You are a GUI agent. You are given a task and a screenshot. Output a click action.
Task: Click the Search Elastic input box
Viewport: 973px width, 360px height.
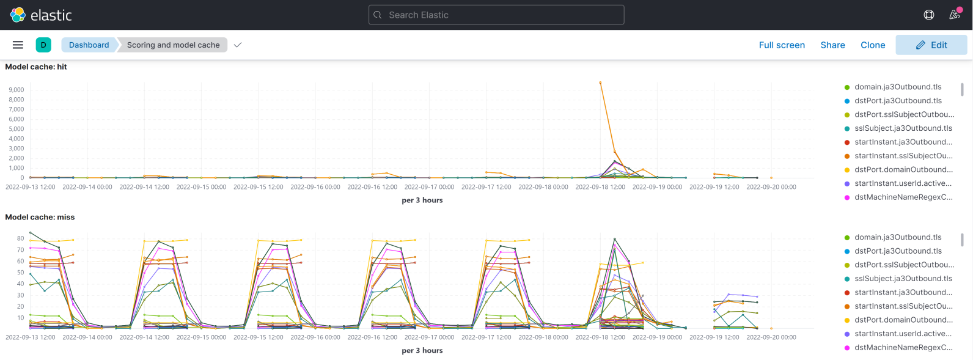[496, 15]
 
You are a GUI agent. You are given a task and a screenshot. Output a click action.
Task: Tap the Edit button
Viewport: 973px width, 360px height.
[931, 45]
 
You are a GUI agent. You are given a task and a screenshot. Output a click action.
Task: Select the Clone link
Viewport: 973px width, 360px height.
[872, 45]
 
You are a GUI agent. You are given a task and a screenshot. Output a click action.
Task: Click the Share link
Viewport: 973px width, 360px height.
[832, 45]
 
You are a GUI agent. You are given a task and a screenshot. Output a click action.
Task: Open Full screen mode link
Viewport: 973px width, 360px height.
[782, 45]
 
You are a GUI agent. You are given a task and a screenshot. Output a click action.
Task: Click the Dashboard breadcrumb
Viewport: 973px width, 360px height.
[89, 45]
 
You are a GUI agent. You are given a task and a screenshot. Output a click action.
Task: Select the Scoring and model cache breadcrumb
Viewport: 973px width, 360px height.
[173, 45]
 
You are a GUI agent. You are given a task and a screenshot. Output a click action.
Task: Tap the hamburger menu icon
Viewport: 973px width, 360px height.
[18, 45]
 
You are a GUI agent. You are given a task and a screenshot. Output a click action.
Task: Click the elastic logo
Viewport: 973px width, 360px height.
[41, 15]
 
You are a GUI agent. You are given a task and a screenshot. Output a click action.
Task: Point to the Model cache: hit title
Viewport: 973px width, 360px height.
[36, 67]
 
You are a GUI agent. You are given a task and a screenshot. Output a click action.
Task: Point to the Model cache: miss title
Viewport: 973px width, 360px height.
[40, 217]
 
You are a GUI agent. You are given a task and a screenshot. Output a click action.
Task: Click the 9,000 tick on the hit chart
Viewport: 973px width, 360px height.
[17, 90]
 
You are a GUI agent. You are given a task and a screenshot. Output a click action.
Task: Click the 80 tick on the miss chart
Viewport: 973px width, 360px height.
[20, 238]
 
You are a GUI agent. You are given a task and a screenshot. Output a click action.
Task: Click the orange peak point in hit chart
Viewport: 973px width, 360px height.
[600, 83]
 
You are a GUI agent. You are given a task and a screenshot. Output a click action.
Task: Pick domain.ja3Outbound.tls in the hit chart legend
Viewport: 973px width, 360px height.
[897, 87]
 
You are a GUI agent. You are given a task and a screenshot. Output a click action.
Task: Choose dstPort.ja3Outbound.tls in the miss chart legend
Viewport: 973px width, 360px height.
[897, 251]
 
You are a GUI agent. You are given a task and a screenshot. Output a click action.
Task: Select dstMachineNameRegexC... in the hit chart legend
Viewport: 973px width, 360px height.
[903, 197]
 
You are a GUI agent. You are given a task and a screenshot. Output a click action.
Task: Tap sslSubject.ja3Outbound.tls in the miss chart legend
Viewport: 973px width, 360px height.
[903, 279]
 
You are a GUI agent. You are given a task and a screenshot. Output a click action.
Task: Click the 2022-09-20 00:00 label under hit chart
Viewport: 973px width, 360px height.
[771, 187]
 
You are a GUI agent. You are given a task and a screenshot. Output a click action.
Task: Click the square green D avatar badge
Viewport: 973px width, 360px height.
[43, 45]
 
